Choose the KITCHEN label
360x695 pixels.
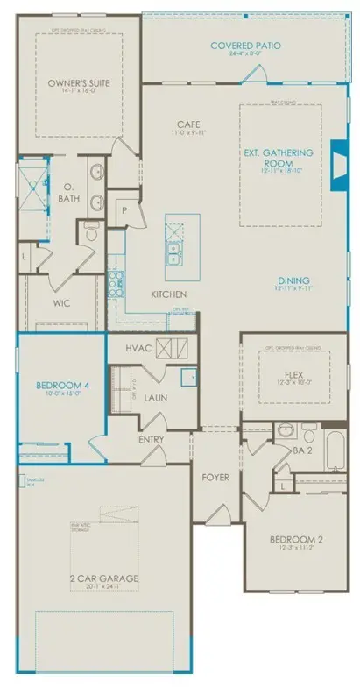166,294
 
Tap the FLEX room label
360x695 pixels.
293,372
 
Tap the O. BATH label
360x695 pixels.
67,193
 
